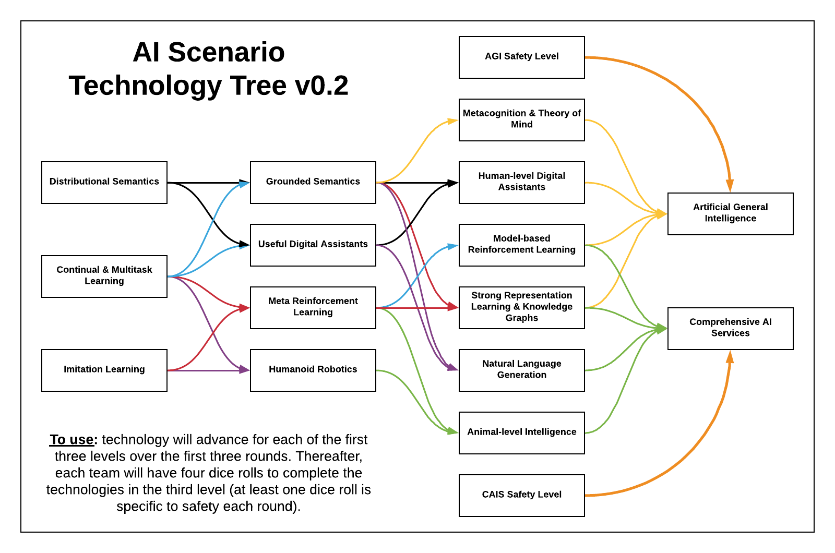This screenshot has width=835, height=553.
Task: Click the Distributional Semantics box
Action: coord(104,182)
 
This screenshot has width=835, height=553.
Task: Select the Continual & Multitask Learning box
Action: coord(104,276)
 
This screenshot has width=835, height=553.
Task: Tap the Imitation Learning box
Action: coord(104,370)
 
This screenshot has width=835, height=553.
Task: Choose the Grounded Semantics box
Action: coord(313,182)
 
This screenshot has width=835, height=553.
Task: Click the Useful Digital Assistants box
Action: coord(313,245)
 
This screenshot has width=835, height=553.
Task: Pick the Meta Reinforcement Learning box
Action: coord(313,307)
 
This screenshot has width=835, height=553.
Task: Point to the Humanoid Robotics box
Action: coord(313,370)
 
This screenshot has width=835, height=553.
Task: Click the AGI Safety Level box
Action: coord(522,57)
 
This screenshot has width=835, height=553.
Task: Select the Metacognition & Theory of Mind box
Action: coord(522,119)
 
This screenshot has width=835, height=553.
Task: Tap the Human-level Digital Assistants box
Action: coord(522,182)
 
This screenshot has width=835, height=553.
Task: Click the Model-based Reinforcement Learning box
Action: coord(522,245)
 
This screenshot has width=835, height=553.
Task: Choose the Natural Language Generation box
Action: coord(522,370)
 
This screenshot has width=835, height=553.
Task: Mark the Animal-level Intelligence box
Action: coord(522,432)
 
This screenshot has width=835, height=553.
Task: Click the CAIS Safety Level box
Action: coord(522,495)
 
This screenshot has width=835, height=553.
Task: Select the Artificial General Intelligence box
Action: coord(731,213)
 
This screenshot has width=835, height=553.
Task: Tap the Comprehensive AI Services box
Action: coord(731,328)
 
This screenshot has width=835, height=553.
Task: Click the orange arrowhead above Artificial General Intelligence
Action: coord(730,185)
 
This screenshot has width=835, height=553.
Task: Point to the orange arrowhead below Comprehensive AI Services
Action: coord(730,357)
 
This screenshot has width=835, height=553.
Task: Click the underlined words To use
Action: coord(72,440)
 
